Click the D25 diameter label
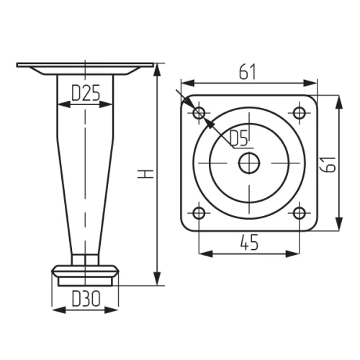[x=86, y=93]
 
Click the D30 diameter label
[x=86, y=299]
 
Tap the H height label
[x=145, y=174]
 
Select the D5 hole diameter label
[x=238, y=138]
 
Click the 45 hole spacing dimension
[x=249, y=242]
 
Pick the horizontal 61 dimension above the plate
[x=248, y=71]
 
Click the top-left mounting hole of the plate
[x=199, y=112]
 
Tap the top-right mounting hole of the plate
[x=300, y=112]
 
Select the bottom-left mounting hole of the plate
[x=199, y=213]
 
